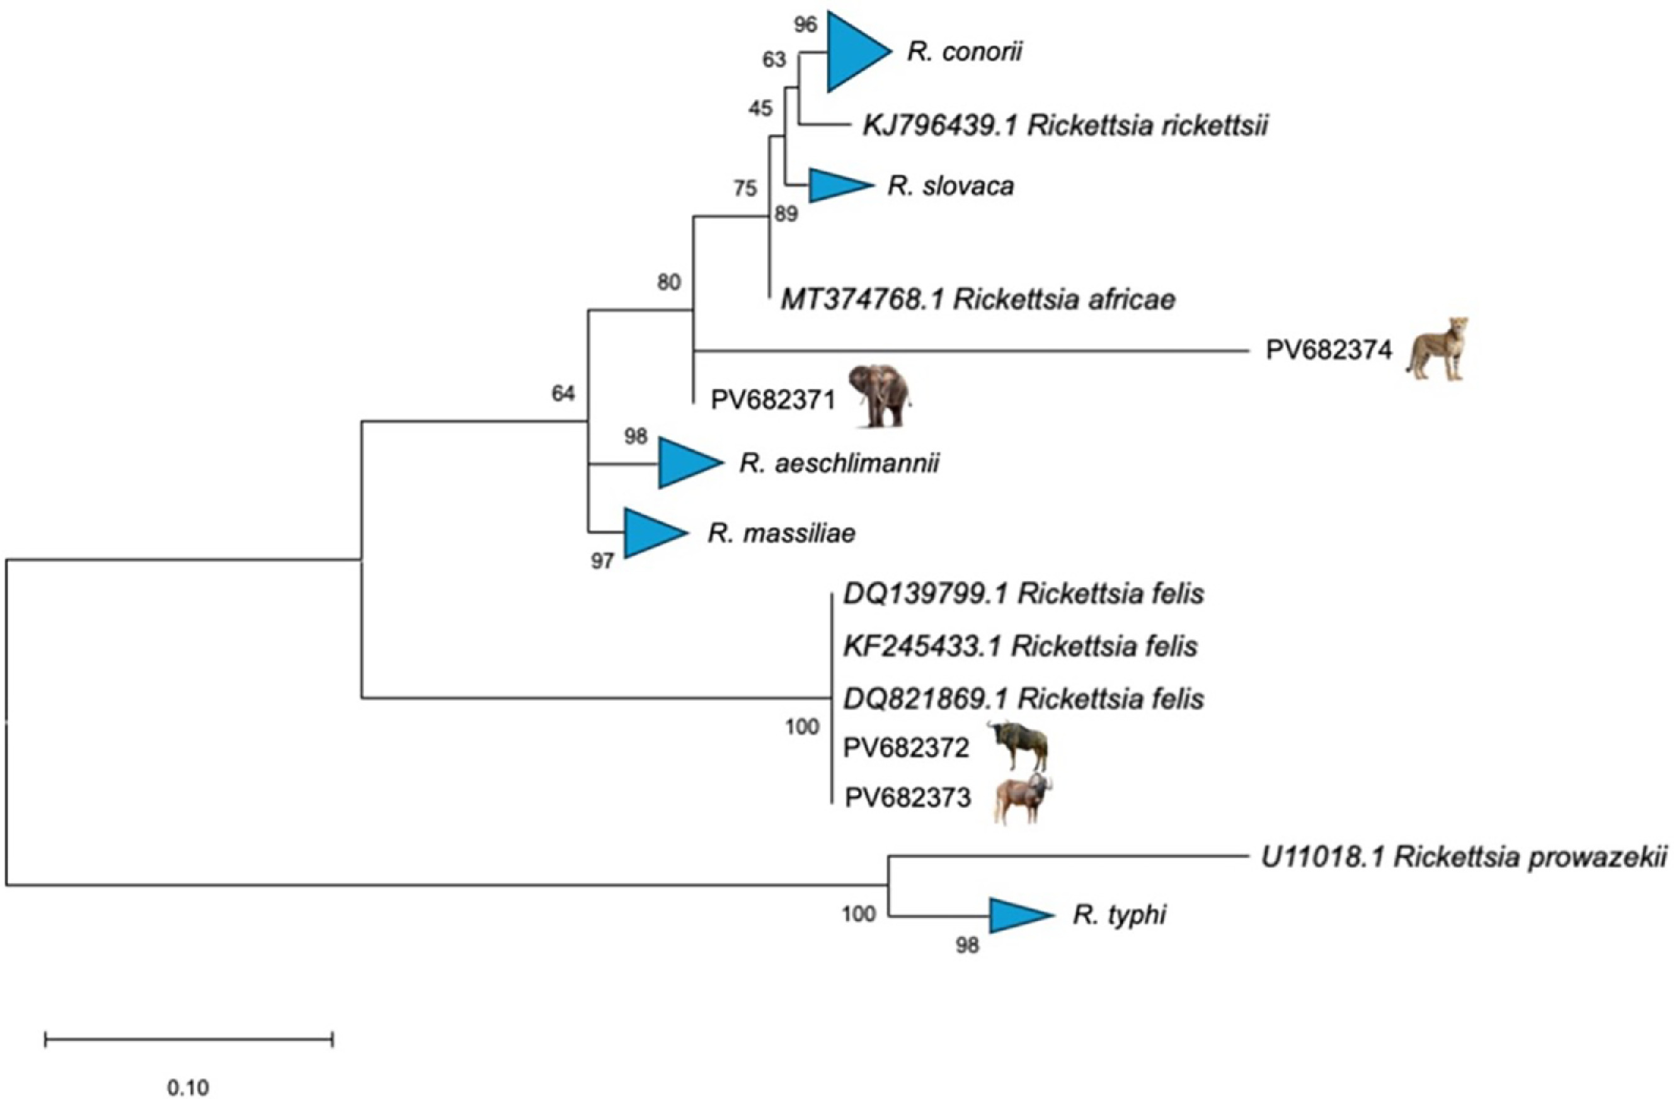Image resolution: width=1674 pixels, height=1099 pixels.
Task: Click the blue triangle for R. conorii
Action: [x=853, y=52]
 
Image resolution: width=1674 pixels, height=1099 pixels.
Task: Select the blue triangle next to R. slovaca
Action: [x=835, y=186]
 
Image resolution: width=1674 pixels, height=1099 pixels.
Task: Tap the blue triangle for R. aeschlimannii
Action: [x=685, y=463]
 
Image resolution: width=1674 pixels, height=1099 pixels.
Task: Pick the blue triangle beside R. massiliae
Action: [x=651, y=533]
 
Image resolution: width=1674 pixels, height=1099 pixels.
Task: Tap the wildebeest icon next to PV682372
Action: [x=1019, y=745]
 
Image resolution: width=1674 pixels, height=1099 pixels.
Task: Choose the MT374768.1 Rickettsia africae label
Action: [x=978, y=300]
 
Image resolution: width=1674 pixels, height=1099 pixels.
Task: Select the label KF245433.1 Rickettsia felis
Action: [x=1021, y=646]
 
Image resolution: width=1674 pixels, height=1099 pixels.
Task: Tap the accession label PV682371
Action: [x=772, y=400]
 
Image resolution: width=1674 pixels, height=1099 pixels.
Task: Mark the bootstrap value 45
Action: [x=760, y=108]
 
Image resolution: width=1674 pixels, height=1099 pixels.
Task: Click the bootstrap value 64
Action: [x=563, y=394]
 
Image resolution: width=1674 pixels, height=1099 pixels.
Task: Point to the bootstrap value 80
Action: [x=668, y=283]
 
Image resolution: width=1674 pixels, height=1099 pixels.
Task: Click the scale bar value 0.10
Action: [x=188, y=1087]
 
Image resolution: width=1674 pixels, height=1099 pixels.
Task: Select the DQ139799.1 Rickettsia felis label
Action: [x=1023, y=594]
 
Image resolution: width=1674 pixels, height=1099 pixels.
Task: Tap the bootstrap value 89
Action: [x=786, y=214]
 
